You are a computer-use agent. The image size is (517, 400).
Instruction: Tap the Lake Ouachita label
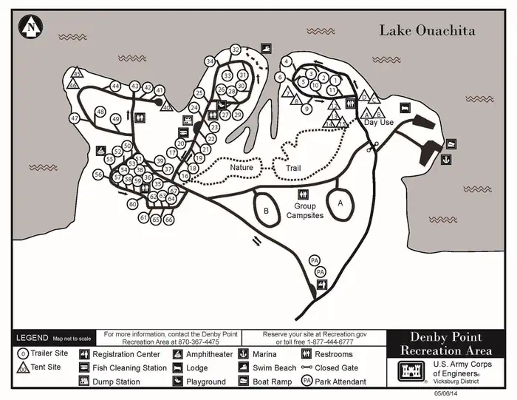coord(427,30)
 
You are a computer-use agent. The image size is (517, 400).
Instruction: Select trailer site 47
coord(75,118)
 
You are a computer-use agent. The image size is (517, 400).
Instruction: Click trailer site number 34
coord(210,61)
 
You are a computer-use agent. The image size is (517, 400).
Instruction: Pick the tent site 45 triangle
coord(77,74)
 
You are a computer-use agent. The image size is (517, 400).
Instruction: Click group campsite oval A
coord(340,202)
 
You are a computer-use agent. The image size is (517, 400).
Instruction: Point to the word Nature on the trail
coord(241,168)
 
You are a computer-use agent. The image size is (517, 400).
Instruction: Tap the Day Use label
coord(379,123)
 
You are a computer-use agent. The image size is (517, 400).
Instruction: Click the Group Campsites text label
coord(305,211)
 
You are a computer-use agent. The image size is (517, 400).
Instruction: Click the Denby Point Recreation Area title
coord(447,343)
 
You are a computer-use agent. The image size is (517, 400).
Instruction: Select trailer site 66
coord(168,220)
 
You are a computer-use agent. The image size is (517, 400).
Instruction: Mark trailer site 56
coord(98,174)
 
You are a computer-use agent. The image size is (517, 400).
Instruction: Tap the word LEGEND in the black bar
coord(32,338)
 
